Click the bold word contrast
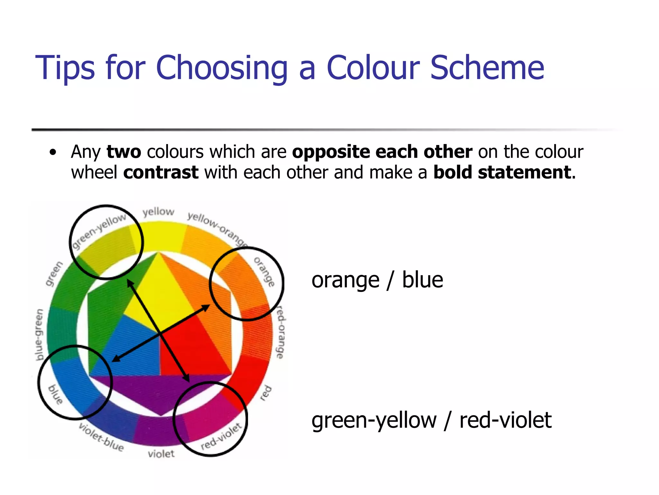[x=161, y=172]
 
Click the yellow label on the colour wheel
[x=158, y=212]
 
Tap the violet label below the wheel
[x=161, y=454]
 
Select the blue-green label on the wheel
[x=39, y=334]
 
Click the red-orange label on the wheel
[x=281, y=332]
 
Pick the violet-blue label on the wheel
[x=101, y=437]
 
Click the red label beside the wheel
[x=266, y=393]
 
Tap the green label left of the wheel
[x=54, y=274]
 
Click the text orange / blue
[x=377, y=280]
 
